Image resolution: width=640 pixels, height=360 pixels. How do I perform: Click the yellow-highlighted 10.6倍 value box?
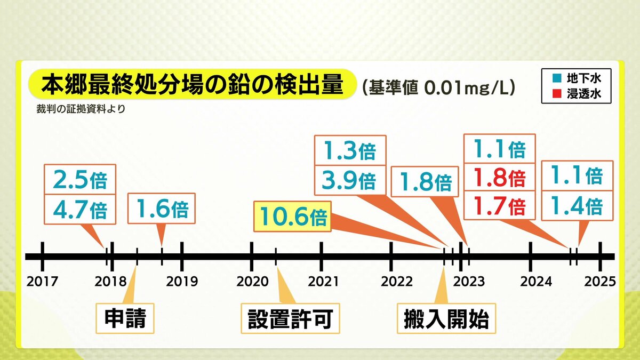click(x=292, y=217)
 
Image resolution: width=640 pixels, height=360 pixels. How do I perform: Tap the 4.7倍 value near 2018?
click(x=80, y=210)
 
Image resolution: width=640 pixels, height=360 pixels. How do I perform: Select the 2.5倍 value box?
click(x=80, y=179)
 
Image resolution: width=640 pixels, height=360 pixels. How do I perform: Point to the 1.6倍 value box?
click(x=162, y=209)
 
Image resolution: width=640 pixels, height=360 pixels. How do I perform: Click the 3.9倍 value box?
click(x=350, y=180)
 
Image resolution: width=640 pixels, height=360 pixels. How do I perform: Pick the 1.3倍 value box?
click(x=350, y=150)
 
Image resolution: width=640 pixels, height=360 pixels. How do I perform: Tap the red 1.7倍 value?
click(x=499, y=205)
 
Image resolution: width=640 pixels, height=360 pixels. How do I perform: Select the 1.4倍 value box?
click(x=578, y=206)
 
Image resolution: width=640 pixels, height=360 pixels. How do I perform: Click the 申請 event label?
click(x=125, y=318)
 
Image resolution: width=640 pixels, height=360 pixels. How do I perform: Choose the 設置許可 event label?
click(x=290, y=318)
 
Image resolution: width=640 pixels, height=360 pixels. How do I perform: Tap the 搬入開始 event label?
click(x=446, y=318)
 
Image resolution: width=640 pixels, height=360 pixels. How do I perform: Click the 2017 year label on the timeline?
click(x=42, y=282)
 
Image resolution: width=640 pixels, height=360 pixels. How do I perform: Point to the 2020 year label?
click(x=252, y=282)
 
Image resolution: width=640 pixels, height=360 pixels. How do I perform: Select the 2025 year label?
click(x=600, y=282)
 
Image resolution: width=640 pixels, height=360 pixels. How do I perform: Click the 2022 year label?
click(x=397, y=282)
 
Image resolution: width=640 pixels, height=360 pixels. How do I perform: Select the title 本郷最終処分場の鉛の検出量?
click(x=193, y=85)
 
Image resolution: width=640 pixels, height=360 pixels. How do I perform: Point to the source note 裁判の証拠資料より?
click(x=81, y=109)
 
